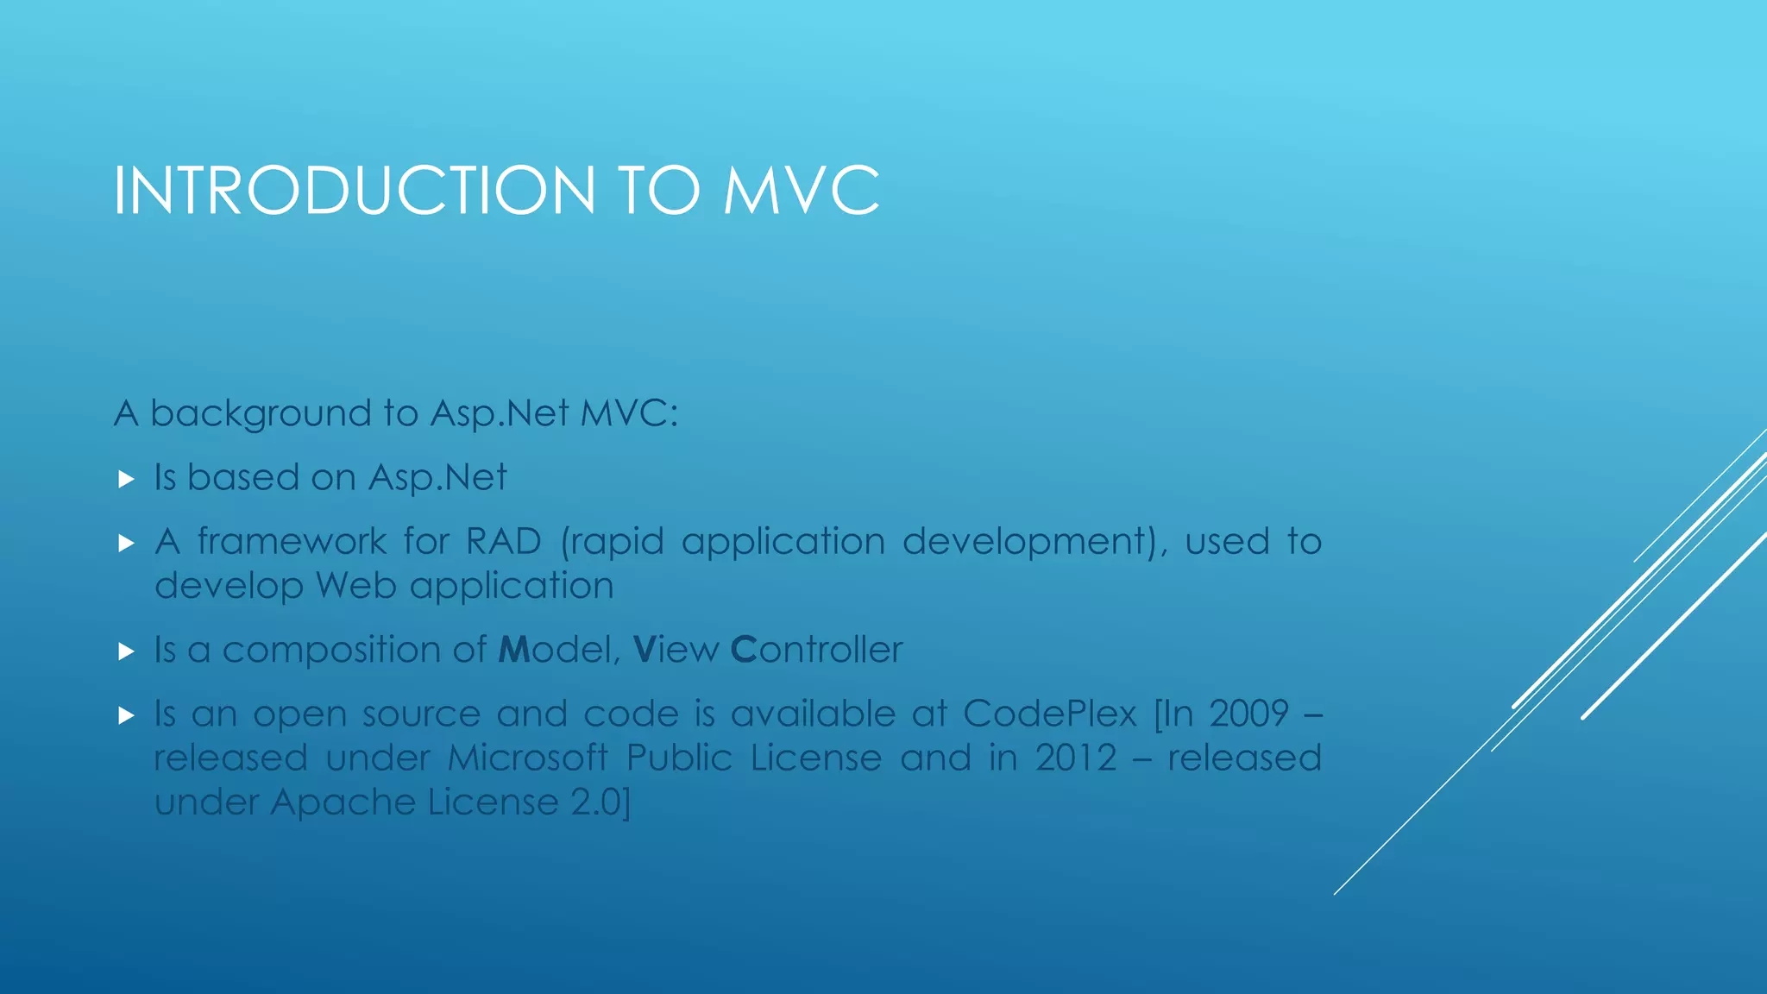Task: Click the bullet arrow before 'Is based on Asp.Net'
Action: pyautogui.click(x=127, y=479)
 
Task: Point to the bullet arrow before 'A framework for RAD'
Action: pyautogui.click(x=127, y=543)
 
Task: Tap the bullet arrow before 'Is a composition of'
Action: pyautogui.click(x=127, y=651)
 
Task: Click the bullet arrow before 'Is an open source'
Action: pyautogui.click(x=127, y=715)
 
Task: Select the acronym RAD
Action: pyautogui.click(x=504, y=542)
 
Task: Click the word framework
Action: pyautogui.click(x=292, y=542)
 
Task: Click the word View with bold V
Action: pyautogui.click(x=676, y=650)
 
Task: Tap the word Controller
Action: pyautogui.click(x=816, y=650)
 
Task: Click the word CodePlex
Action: pyautogui.click(x=1050, y=714)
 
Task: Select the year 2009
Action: pyautogui.click(x=1248, y=714)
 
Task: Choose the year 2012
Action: pyautogui.click(x=1076, y=758)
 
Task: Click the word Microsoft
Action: pyautogui.click(x=528, y=758)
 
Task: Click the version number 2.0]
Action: pyautogui.click(x=601, y=802)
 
